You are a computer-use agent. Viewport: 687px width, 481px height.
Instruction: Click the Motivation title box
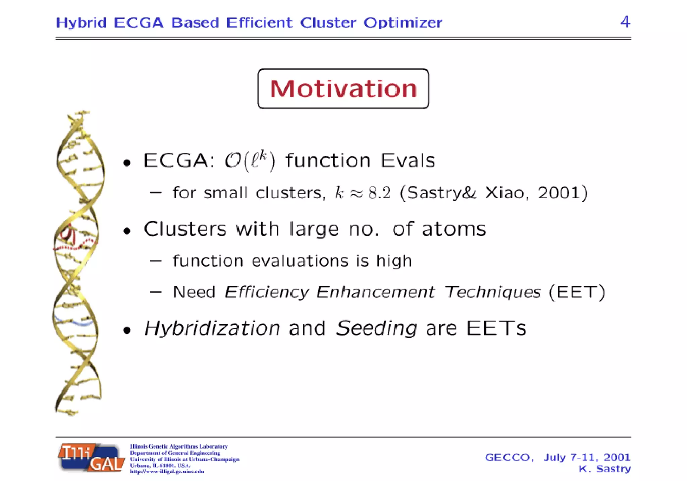(x=343, y=89)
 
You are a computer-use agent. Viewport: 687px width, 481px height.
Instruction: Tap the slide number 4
(x=625, y=22)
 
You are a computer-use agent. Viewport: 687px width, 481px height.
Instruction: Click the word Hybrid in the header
(x=81, y=23)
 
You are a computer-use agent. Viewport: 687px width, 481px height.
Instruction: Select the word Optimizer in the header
(x=403, y=23)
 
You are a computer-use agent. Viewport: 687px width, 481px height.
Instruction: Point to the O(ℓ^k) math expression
(x=250, y=161)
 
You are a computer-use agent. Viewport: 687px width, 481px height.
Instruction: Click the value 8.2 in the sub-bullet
(x=380, y=193)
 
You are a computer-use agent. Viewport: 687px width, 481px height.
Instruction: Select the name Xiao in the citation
(x=505, y=193)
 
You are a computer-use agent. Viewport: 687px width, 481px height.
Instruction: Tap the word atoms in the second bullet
(x=454, y=229)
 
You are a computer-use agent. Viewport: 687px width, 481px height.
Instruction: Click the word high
(x=394, y=261)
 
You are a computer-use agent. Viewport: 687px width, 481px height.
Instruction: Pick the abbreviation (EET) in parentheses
(x=577, y=292)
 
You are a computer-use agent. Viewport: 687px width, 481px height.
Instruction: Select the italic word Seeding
(x=376, y=328)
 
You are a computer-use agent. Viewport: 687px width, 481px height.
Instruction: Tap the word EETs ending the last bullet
(x=496, y=328)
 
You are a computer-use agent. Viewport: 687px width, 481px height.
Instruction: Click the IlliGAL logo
(x=91, y=458)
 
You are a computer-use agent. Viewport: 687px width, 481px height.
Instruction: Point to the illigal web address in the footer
(x=167, y=472)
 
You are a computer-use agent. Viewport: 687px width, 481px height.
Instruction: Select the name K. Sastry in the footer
(x=604, y=469)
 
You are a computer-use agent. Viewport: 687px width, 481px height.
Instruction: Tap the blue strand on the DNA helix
(x=75, y=322)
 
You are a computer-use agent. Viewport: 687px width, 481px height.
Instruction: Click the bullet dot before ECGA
(x=127, y=163)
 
